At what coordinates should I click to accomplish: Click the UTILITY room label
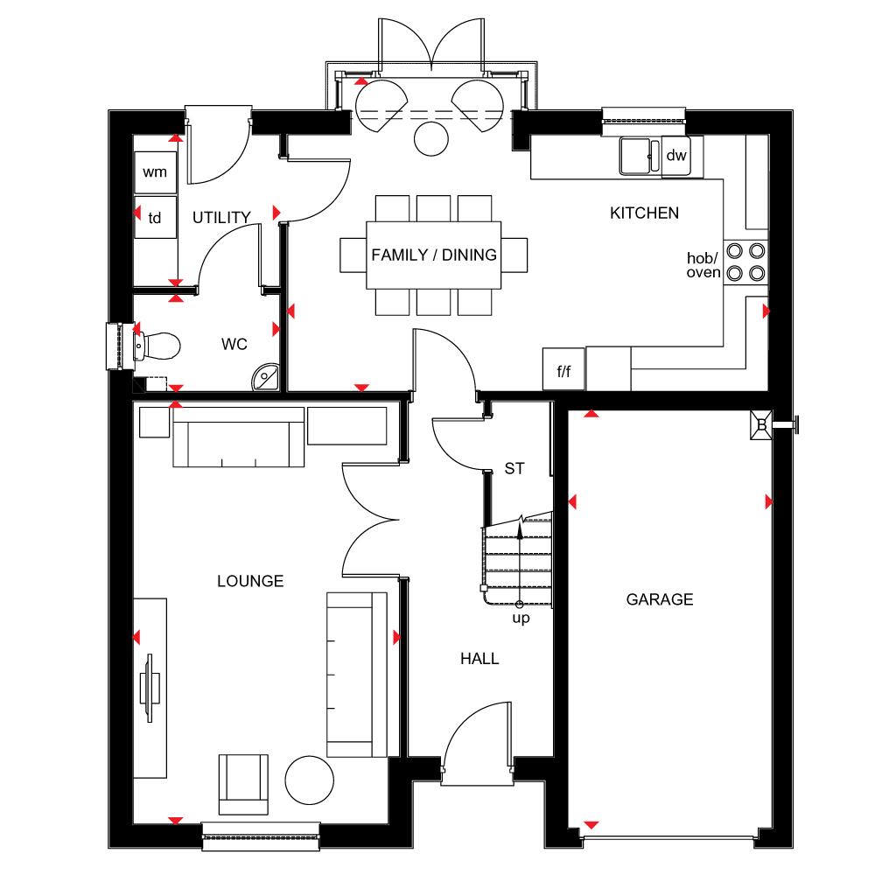[221, 218]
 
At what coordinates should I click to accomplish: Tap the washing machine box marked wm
[156, 172]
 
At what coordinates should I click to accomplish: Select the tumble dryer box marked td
[156, 217]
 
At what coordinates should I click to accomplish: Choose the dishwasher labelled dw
[676, 156]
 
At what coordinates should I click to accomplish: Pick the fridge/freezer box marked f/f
[563, 369]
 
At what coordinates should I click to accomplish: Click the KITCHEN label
[645, 213]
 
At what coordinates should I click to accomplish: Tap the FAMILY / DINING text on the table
[434, 255]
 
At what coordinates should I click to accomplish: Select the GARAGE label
[660, 599]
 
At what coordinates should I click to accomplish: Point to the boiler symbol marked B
[762, 425]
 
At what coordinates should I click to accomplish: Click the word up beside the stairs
[521, 619]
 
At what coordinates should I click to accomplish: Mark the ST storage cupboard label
[514, 469]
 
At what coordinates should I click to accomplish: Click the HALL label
[480, 659]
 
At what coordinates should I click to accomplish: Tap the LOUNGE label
[250, 581]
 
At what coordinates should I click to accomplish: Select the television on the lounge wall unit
[148, 688]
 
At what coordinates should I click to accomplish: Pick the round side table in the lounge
[309, 780]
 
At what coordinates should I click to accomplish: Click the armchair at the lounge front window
[243, 784]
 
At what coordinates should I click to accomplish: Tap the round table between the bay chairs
[431, 139]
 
